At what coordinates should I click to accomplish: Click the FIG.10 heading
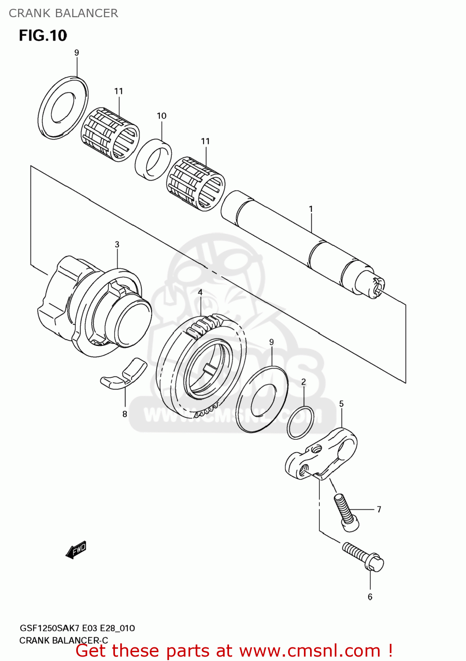coord(43,35)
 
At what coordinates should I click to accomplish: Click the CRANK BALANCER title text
coord(63,13)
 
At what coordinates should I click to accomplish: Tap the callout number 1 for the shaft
coord(311,209)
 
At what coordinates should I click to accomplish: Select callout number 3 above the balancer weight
coord(117,244)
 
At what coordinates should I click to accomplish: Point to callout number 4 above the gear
coord(200,292)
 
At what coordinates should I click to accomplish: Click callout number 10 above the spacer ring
coord(162,116)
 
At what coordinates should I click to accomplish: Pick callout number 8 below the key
coord(125,414)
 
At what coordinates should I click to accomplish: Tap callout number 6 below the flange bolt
coord(370,597)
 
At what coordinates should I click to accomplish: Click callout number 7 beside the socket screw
coord(379,509)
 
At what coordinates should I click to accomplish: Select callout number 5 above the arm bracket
coord(341,404)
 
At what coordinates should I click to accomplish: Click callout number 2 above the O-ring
coord(303,382)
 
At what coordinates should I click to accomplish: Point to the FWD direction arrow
coord(76,550)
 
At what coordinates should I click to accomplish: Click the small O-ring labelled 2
coord(301,423)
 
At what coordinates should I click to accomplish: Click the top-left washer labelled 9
coord(63,106)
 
